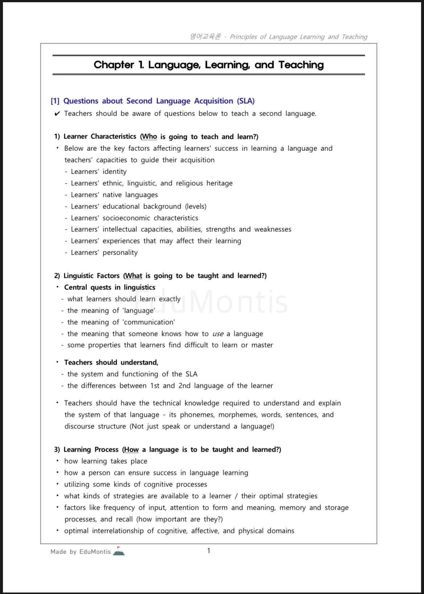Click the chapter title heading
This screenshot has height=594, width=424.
pos(209,65)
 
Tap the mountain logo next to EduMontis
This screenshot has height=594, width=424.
pos(119,551)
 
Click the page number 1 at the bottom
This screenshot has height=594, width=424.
pos(209,551)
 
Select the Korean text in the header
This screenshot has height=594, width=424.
pos(205,37)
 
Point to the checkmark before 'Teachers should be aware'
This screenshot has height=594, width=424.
pos(57,114)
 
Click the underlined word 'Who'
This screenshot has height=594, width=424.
pos(149,137)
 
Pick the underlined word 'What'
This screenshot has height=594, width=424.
pos(134,276)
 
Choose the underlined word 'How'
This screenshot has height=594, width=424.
pos(131,450)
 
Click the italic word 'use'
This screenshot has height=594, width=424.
pos(218,334)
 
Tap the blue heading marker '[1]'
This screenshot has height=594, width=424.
pos(55,101)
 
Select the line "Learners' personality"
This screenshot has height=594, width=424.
pos(104,253)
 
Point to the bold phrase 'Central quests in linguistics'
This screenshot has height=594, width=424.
pos(109,287)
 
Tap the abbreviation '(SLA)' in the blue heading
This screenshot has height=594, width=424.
pos(246,101)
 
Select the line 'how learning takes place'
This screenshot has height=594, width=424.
pos(105,461)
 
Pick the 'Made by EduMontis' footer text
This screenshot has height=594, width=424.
pos(80,552)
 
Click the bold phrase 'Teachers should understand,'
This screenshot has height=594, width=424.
pos(111,362)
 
